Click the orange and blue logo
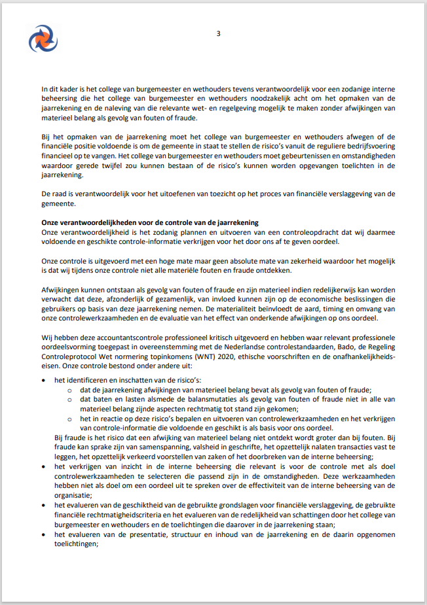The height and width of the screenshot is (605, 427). pos(43,38)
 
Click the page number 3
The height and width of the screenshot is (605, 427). pos(218,34)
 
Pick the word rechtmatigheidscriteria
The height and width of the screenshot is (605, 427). pos(92,515)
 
